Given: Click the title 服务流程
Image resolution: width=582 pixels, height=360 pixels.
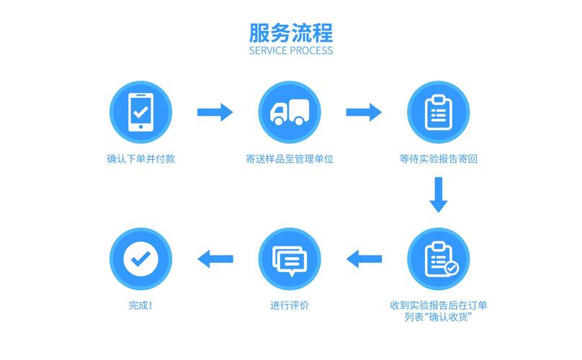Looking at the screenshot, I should pyautogui.click(x=291, y=33).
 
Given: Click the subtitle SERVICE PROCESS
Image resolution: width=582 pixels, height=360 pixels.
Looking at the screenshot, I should pyautogui.click(x=291, y=52).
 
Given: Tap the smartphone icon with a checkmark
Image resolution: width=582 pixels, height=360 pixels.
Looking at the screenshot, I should pyautogui.click(x=141, y=112).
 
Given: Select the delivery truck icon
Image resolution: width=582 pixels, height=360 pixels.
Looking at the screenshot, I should pyautogui.click(x=290, y=112).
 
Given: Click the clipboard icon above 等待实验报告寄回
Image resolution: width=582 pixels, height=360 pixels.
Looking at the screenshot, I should pyautogui.click(x=438, y=112).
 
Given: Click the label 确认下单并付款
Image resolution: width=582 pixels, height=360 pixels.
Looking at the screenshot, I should pyautogui.click(x=141, y=159).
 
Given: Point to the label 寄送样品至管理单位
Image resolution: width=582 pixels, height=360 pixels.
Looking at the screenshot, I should pyautogui.click(x=290, y=159).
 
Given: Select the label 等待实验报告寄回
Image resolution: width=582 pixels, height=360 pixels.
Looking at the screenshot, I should pyautogui.click(x=439, y=159).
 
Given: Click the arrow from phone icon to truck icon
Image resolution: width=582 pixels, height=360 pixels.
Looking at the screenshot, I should pyautogui.click(x=215, y=112).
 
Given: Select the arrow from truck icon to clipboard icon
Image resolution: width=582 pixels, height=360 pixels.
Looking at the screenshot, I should pyautogui.click(x=364, y=112).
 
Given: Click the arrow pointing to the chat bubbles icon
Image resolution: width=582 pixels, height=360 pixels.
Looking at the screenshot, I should pyautogui.click(x=364, y=258).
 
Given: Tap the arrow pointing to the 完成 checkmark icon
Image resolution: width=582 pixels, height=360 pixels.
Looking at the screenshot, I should pyautogui.click(x=215, y=258).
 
